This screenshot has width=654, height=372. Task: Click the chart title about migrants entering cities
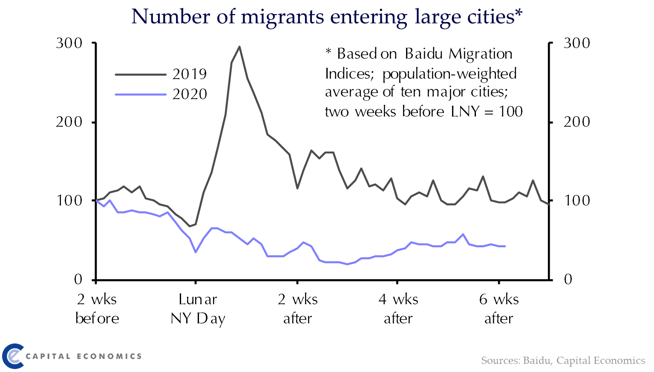point(327,17)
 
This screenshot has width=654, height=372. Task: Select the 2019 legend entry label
point(190,74)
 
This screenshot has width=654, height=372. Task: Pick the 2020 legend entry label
point(190,94)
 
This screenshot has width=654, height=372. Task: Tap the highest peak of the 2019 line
point(239,47)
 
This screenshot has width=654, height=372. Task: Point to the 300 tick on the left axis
point(69,43)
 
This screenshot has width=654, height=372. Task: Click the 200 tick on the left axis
point(69,122)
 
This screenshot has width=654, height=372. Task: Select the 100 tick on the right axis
point(577,200)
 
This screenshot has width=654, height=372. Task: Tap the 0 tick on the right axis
point(568,280)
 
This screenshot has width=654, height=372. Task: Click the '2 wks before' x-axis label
point(97,309)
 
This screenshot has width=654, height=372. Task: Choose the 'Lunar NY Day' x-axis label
point(198,309)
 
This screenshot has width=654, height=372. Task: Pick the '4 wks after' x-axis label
point(398,309)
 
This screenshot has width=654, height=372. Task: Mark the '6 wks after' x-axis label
point(499,309)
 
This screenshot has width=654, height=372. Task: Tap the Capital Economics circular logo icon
point(13,356)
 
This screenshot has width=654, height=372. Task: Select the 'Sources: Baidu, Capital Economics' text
point(563,361)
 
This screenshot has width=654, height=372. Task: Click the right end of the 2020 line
point(505,246)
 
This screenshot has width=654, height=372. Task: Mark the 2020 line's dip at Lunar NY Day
point(196,252)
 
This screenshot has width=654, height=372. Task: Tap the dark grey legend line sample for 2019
point(140,74)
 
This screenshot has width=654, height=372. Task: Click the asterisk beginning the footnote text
point(328,52)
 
